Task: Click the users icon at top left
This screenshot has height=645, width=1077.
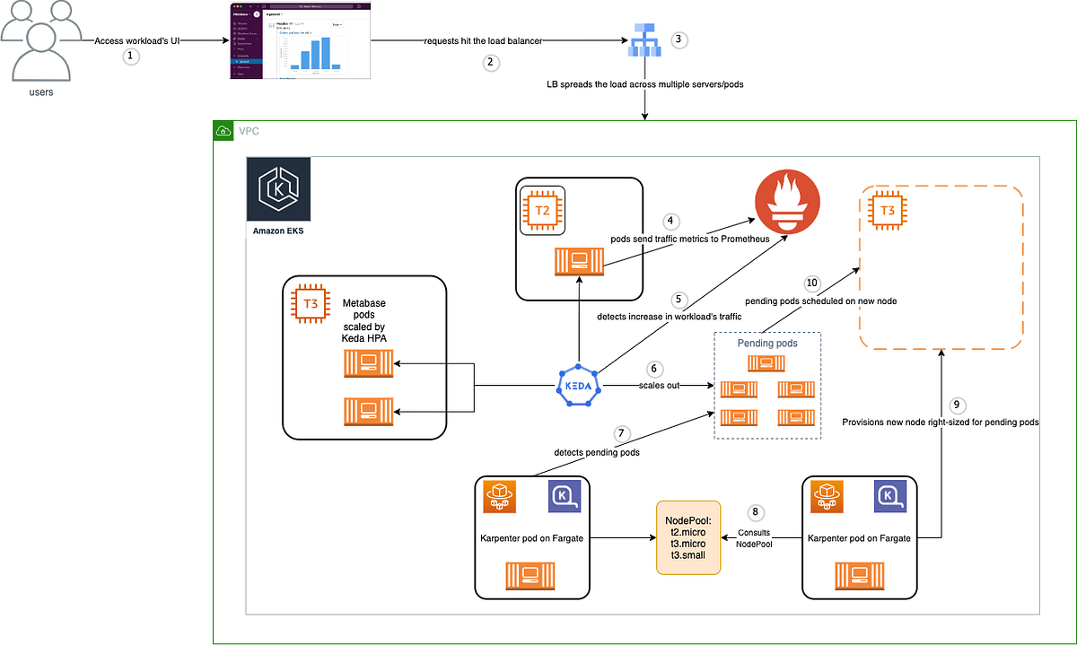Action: click(37, 40)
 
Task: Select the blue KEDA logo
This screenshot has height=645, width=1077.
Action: click(579, 386)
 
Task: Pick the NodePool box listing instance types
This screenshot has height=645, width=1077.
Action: click(688, 537)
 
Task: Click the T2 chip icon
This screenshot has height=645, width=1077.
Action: click(542, 211)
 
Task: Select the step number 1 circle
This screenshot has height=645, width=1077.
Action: click(132, 56)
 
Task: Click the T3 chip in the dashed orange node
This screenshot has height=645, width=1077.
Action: click(886, 212)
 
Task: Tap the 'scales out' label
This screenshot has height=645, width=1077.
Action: click(660, 386)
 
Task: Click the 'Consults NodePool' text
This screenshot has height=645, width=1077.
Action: click(754, 538)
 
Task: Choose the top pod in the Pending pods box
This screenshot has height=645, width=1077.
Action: click(767, 363)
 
